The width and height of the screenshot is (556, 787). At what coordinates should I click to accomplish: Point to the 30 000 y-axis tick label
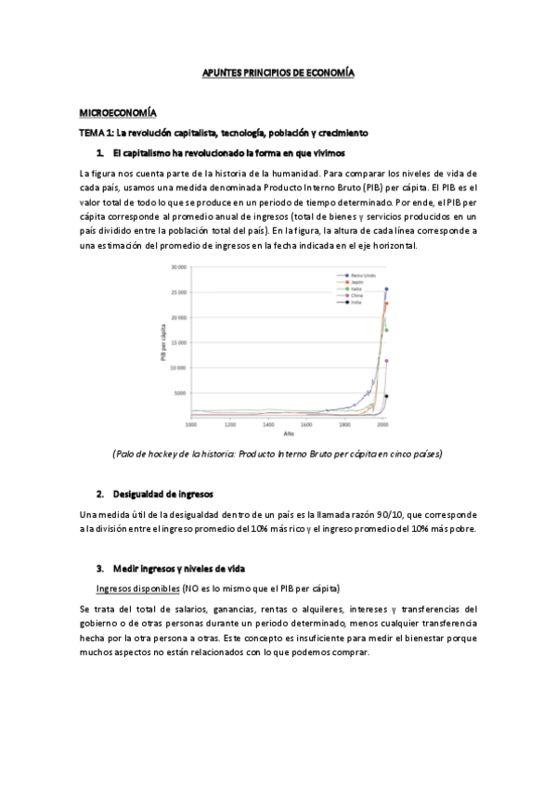click(x=179, y=267)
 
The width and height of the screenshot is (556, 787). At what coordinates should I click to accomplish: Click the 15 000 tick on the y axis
click(x=179, y=342)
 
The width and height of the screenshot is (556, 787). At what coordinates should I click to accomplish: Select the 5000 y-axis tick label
click(x=181, y=393)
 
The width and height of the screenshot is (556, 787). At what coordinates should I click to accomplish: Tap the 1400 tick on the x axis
click(x=267, y=425)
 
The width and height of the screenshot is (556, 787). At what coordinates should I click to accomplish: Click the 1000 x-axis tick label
click(x=191, y=425)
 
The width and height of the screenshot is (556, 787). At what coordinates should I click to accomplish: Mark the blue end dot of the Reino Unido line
click(x=386, y=289)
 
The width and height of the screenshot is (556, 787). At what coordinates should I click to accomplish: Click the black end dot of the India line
click(x=386, y=396)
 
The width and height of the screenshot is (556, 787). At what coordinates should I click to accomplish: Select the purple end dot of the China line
click(x=386, y=361)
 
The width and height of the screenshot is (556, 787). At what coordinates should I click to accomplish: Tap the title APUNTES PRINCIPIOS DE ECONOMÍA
click(x=278, y=71)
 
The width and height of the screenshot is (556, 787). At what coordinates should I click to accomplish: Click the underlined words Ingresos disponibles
click(x=137, y=588)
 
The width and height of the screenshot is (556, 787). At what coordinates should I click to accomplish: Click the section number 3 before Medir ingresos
click(x=99, y=567)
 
